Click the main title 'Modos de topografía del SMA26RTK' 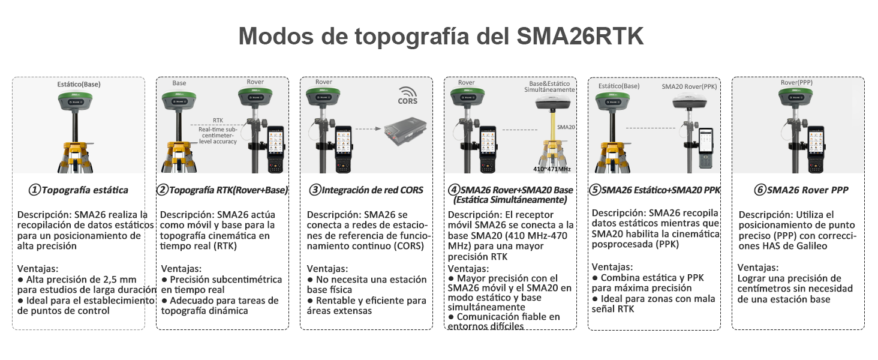441,36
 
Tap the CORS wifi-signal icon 409,92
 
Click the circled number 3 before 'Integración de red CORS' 315,190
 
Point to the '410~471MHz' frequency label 552,169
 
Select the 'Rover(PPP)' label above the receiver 796,83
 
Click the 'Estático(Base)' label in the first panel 79,84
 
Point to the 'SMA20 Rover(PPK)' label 689,86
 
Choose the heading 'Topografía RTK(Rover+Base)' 228,190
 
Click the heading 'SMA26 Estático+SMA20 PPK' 660,190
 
